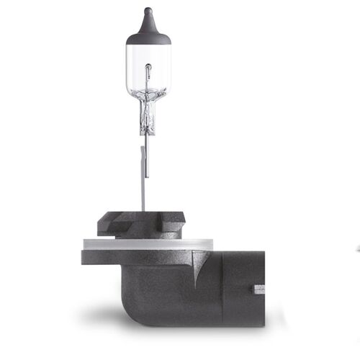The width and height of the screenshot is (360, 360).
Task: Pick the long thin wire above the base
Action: pyautogui.click(x=143, y=180)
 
